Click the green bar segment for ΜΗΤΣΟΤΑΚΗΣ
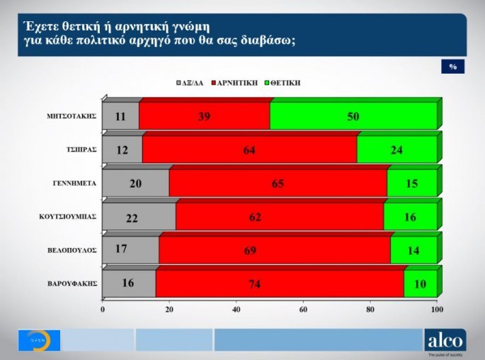click(353, 116)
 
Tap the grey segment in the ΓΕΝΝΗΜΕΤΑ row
click(136, 183)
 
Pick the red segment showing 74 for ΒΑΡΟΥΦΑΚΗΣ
click(279, 283)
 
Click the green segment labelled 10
click(420, 283)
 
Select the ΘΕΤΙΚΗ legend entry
click(283, 83)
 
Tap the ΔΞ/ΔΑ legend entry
click(189, 83)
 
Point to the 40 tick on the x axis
click(236, 310)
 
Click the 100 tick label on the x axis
click(437, 310)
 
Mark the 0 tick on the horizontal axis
click(103, 310)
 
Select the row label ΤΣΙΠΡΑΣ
click(81, 150)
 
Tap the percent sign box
click(452, 67)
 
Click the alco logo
click(445, 341)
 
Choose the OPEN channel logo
click(38, 340)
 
